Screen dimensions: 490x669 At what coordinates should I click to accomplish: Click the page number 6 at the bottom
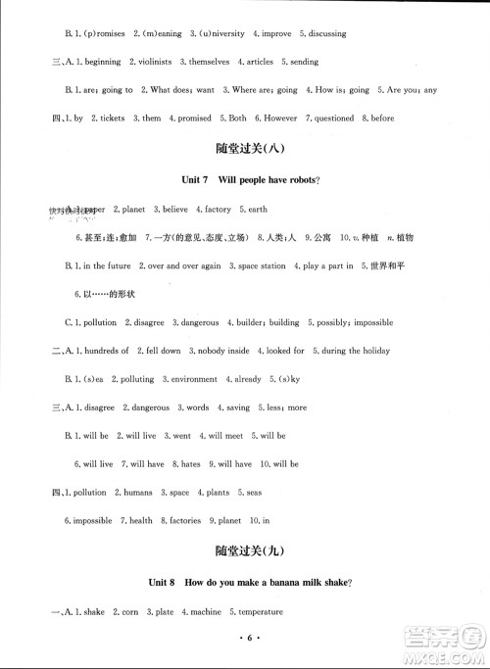(x=245, y=650)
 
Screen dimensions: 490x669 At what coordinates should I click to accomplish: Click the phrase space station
(x=261, y=266)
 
